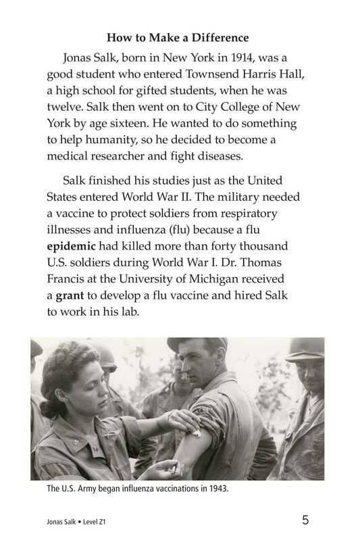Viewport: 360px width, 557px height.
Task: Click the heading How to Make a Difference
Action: coord(178,38)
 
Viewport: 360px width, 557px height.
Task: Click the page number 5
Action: coord(305,520)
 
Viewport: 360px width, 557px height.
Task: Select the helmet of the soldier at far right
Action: coord(305,351)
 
